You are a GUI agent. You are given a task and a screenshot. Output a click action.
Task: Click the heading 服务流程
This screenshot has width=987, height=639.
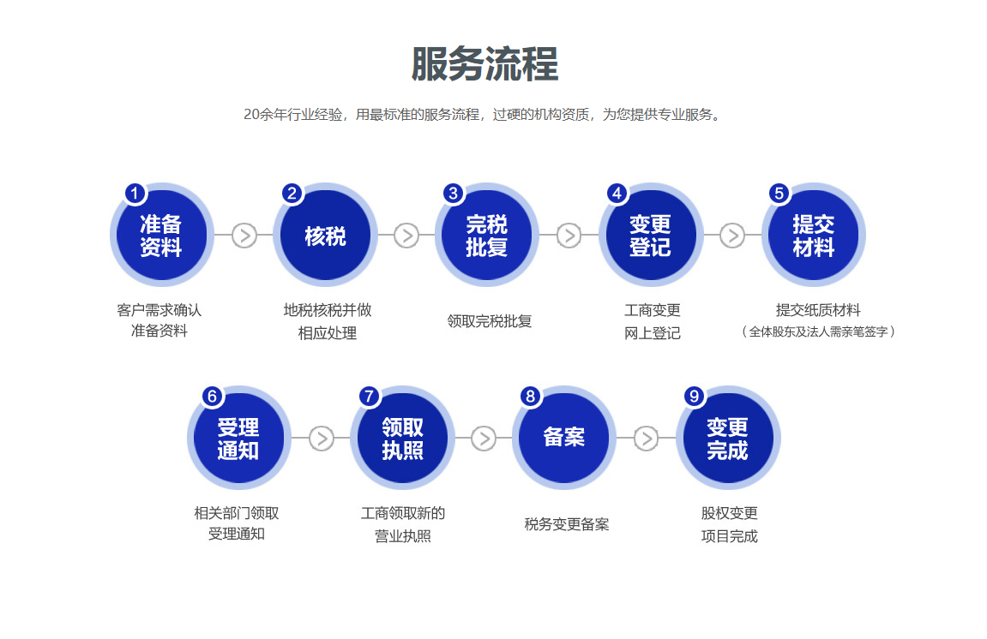pos(485,64)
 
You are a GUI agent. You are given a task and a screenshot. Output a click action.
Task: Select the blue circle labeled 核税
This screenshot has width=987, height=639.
pos(325,236)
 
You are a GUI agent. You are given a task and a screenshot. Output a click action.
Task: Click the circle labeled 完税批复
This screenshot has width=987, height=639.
pos(487,236)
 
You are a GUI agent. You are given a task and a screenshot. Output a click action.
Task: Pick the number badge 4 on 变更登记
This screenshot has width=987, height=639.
pos(617,194)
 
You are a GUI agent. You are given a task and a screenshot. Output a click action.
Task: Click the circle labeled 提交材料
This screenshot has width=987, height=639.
pos(813,236)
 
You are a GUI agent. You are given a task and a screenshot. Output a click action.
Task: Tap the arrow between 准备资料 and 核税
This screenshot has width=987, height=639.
pos(244,236)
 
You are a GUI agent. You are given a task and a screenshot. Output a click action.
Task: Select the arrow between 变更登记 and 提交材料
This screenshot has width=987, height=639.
pos(731,236)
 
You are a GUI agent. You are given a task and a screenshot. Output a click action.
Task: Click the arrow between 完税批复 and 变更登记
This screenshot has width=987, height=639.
pos(569,236)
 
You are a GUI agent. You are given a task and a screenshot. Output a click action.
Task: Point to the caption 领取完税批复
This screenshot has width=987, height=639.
pos(490,321)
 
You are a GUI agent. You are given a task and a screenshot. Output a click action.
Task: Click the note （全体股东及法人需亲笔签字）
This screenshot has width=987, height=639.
pos(818,331)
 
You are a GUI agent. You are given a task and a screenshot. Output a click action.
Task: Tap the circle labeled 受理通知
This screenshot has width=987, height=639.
pos(238,439)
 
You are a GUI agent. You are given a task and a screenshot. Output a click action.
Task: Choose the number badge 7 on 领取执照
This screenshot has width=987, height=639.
pos(369,397)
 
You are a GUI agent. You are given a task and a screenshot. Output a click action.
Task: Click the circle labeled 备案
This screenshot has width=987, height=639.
pos(564,438)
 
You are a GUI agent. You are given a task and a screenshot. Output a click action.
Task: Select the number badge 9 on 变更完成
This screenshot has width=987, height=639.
pos(695,397)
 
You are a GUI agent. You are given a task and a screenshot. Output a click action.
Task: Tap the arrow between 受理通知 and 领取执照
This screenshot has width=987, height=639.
pos(321,439)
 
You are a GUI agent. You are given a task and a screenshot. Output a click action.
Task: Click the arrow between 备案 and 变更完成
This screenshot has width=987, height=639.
pos(646,439)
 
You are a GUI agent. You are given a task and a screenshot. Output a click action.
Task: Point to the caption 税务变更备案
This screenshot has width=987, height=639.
pos(567,524)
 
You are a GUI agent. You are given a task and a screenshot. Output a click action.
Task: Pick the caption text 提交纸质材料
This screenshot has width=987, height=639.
pos(818,310)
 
